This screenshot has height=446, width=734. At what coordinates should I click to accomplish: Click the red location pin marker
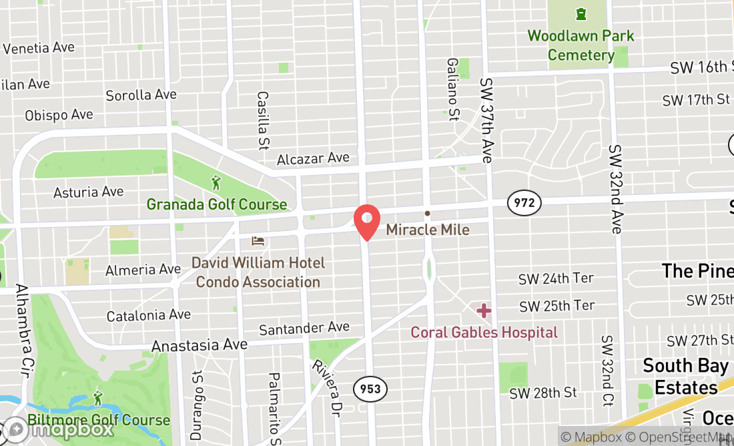click(x=366, y=220)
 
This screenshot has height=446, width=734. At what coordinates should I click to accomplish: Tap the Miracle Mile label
click(x=428, y=230)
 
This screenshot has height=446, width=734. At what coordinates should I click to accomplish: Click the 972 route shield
click(x=524, y=202)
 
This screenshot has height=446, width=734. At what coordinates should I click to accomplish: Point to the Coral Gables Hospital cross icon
click(x=484, y=310)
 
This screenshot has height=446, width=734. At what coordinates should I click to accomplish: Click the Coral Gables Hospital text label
click(x=484, y=332)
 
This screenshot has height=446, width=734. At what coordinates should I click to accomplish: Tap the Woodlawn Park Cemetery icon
click(x=581, y=13)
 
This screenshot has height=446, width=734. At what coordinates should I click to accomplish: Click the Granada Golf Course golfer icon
click(x=216, y=182)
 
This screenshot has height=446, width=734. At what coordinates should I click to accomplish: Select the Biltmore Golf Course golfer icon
click(x=99, y=399)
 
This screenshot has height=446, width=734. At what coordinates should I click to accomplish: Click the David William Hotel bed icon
click(x=258, y=241)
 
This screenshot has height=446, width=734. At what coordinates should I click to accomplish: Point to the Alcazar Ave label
click(x=313, y=158)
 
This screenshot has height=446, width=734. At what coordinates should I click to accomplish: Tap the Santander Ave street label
click(x=304, y=328)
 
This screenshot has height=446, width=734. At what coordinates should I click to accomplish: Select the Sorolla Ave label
click(x=141, y=95)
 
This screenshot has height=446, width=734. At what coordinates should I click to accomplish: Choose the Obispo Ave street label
click(x=59, y=115)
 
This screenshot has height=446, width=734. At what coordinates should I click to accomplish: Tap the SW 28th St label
click(x=542, y=393)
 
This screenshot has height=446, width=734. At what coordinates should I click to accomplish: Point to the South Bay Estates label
click(x=685, y=377)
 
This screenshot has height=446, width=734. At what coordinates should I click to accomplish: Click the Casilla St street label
click(x=262, y=120)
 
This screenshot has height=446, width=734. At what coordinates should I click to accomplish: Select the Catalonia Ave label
click(x=149, y=315)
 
